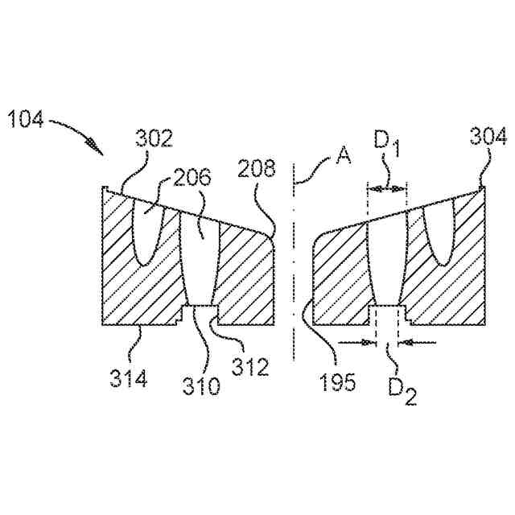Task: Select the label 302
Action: pos(154,138)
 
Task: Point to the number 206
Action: pos(191,179)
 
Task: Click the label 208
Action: pos(257,168)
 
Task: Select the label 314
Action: pos(129,377)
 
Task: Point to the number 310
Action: pos(200,386)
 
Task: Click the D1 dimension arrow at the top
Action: pos(387,188)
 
